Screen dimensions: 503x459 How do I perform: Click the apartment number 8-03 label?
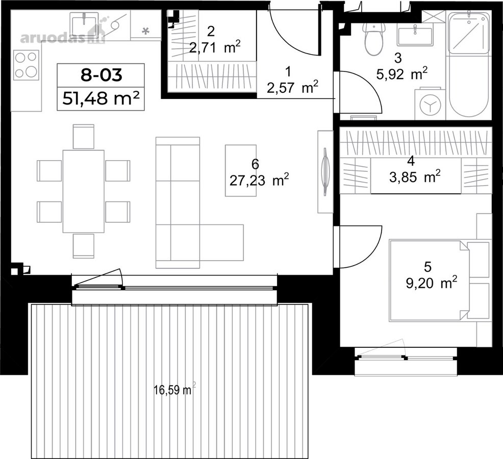[x=101, y=75]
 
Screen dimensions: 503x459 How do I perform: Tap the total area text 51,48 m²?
[x=100, y=98]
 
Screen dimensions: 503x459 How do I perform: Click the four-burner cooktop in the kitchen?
[x=27, y=65]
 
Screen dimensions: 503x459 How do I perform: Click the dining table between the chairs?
[x=83, y=191]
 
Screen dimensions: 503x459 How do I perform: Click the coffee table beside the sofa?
[x=241, y=170]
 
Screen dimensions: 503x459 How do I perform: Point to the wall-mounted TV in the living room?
[x=325, y=171]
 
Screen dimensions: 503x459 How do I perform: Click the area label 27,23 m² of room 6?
[x=259, y=180]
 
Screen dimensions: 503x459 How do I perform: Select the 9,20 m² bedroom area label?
[x=432, y=283]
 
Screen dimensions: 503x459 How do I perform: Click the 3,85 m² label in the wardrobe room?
[x=415, y=177]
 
